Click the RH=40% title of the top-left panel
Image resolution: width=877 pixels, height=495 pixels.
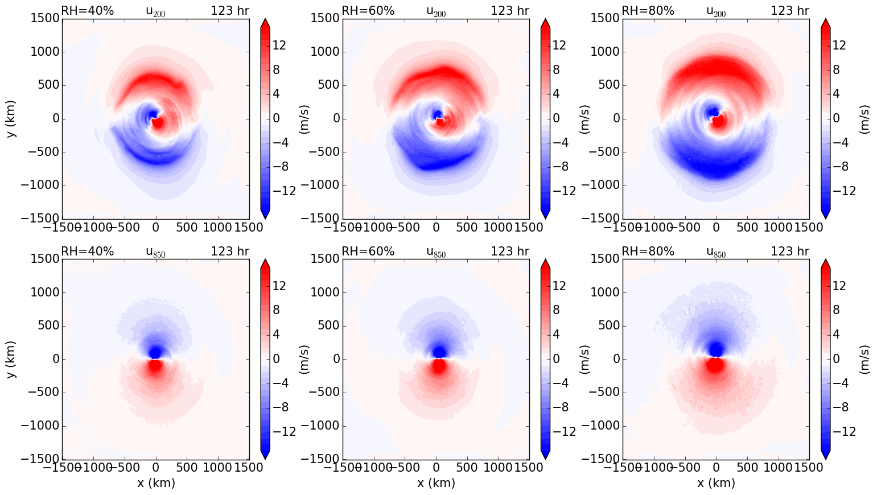click(87, 11)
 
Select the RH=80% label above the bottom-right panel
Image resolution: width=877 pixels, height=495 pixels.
click(648, 251)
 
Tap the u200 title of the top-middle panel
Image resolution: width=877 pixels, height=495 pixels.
click(436, 11)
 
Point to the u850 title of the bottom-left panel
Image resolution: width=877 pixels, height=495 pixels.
click(155, 252)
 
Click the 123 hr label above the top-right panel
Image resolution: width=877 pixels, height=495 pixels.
click(790, 11)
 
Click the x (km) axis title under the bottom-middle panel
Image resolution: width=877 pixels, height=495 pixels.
click(436, 483)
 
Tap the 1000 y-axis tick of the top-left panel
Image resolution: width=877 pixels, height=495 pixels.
click(44, 52)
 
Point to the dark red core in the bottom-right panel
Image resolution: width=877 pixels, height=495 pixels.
click(715, 365)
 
